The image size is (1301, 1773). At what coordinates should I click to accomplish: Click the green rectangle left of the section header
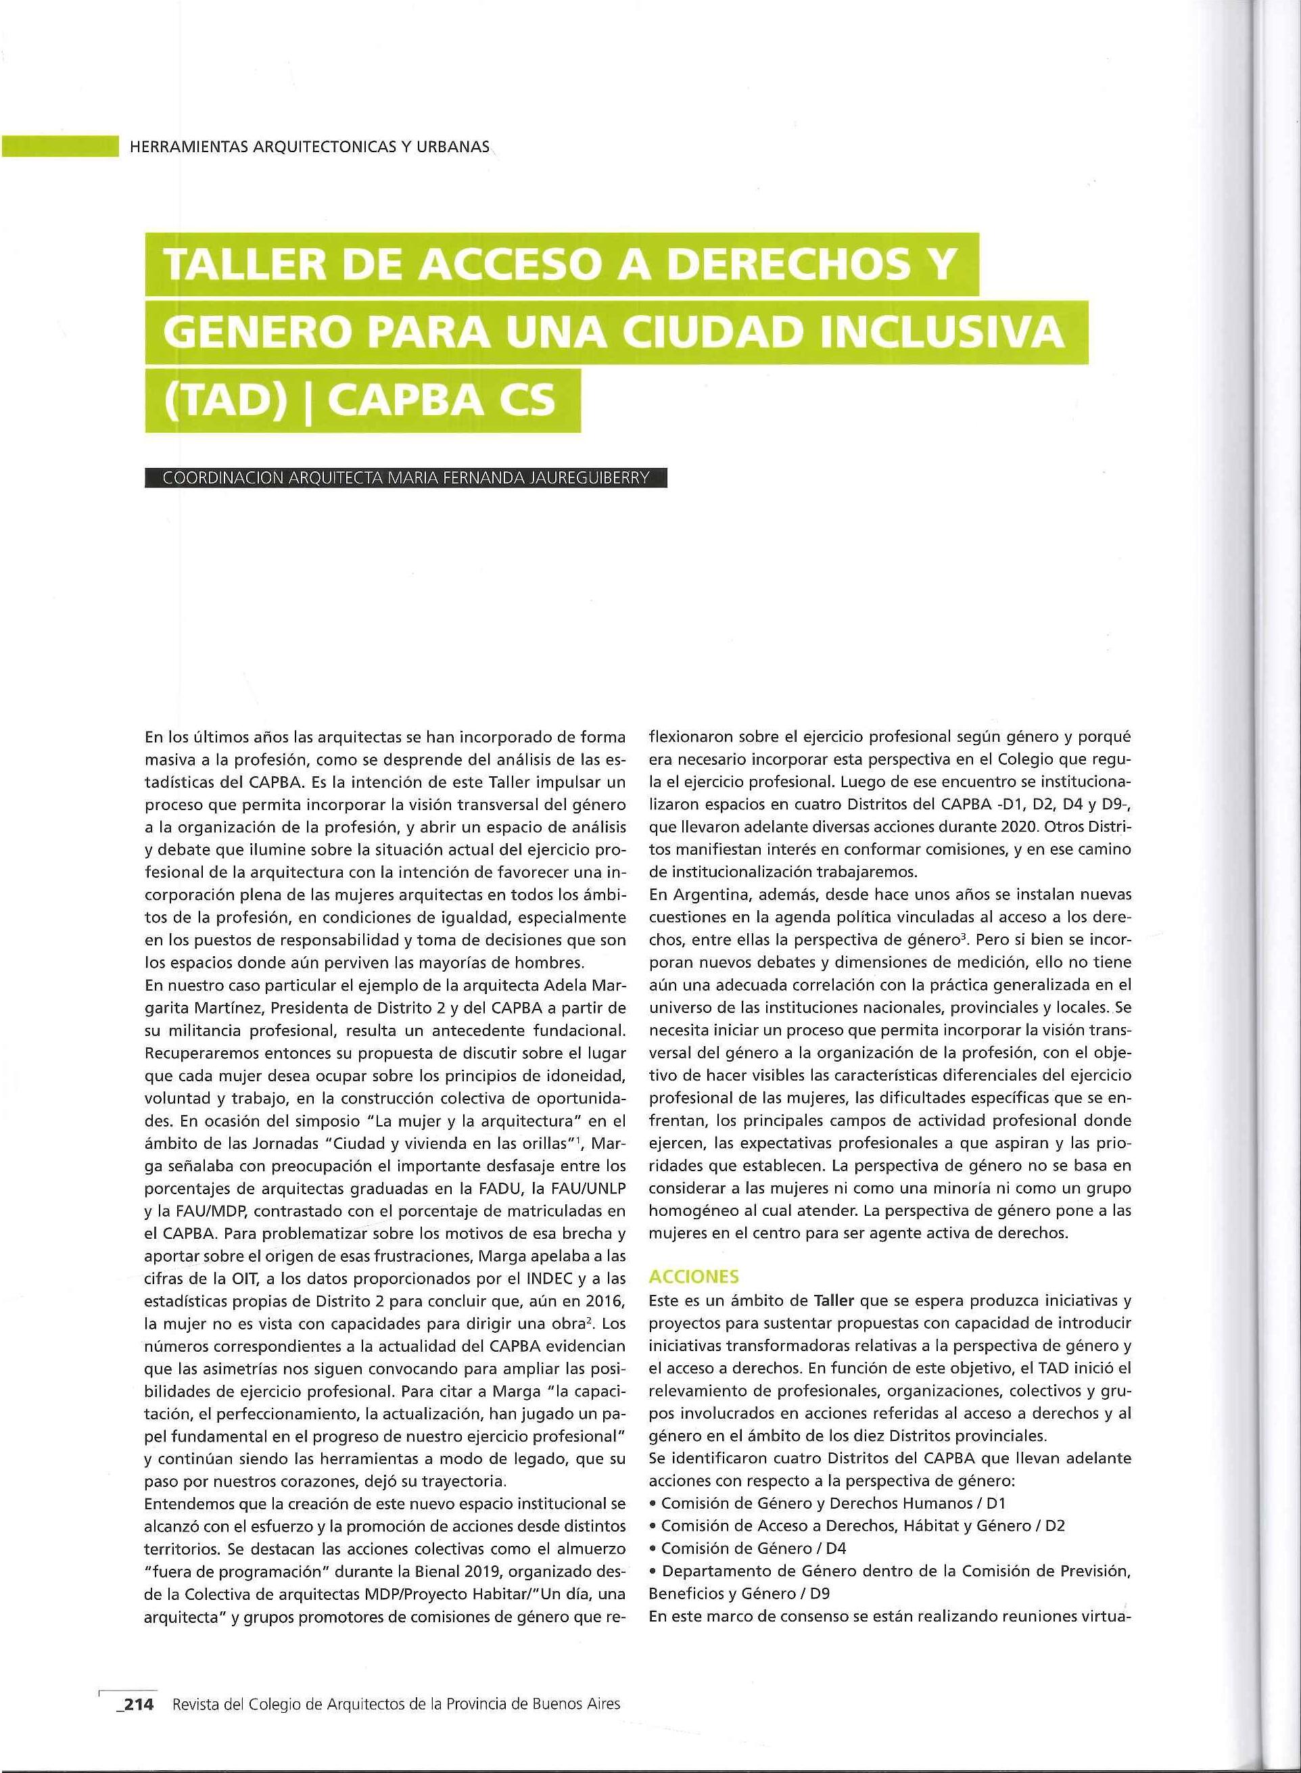click(55, 147)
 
